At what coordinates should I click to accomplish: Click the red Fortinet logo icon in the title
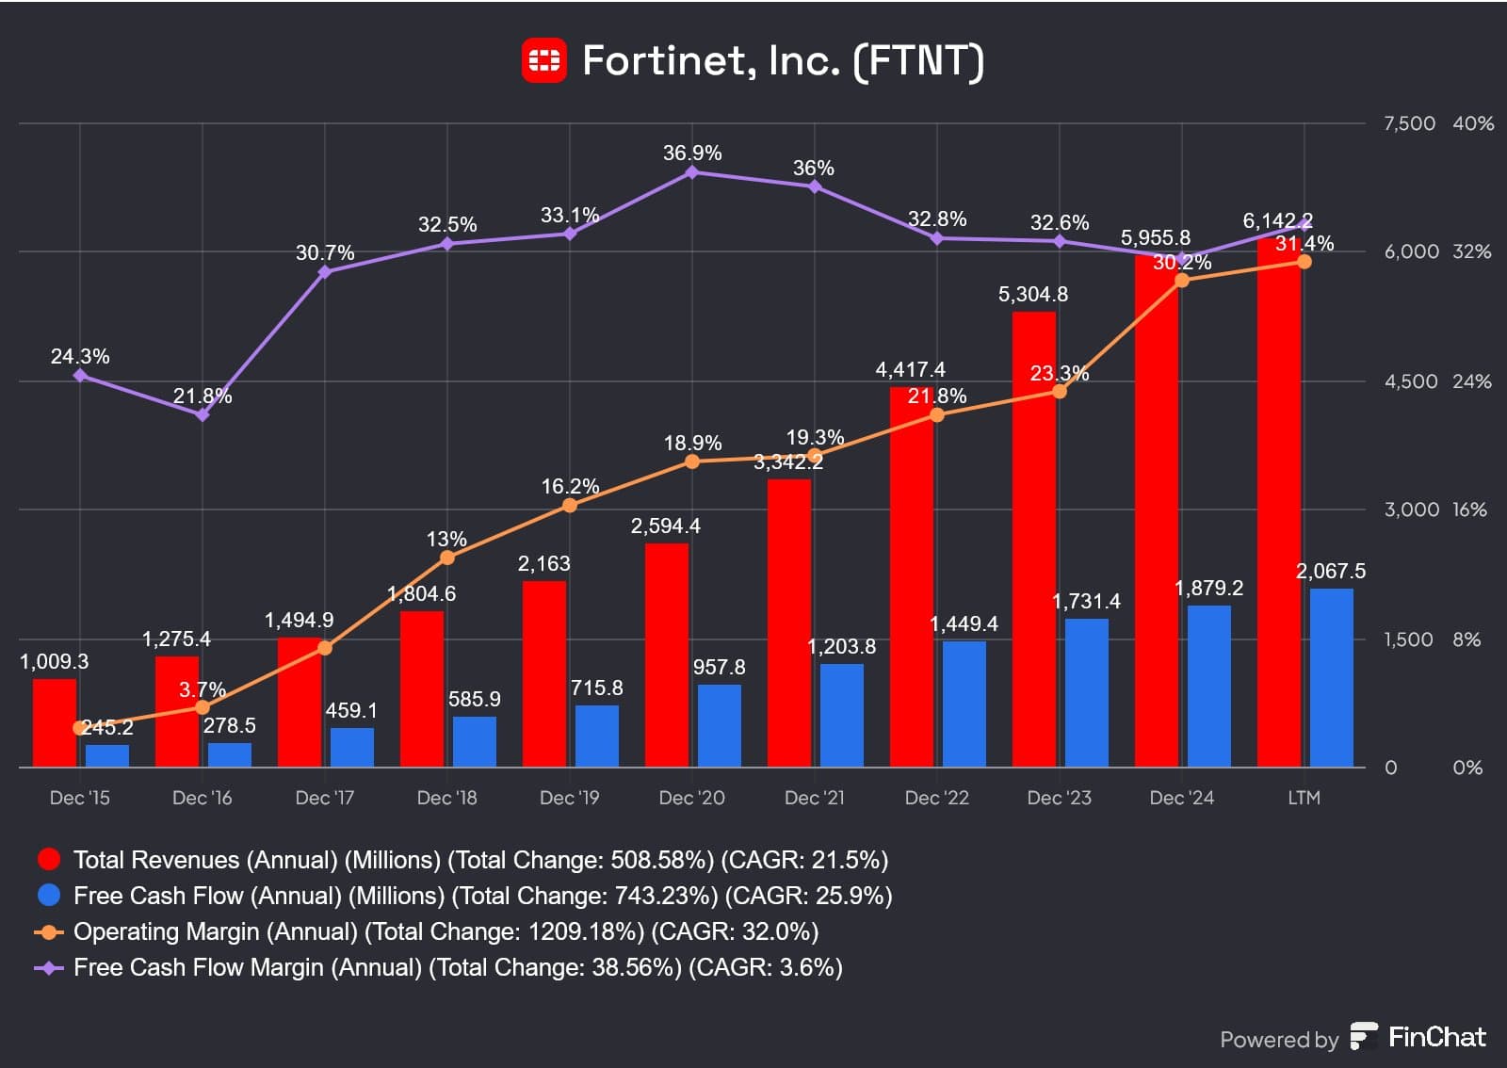pyautogui.click(x=544, y=60)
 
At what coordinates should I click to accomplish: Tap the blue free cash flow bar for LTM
pyautogui.click(x=1331, y=677)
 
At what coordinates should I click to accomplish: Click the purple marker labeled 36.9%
pyautogui.click(x=692, y=172)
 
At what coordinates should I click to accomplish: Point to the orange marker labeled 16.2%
pyautogui.click(x=570, y=506)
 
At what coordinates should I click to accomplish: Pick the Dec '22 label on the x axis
pyautogui.click(x=936, y=798)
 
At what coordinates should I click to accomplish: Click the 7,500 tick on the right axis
pyautogui.click(x=1409, y=123)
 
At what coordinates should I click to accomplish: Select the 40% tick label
pyautogui.click(x=1473, y=123)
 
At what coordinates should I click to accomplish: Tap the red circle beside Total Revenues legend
pyautogui.click(x=49, y=859)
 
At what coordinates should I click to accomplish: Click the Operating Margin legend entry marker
pyautogui.click(x=49, y=931)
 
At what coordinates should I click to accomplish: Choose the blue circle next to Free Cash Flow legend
pyautogui.click(x=49, y=895)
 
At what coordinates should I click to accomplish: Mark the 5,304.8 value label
pyautogui.click(x=1033, y=294)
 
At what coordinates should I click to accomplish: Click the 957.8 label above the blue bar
pyautogui.click(x=719, y=667)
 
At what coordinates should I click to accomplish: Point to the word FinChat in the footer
pyautogui.click(x=1436, y=1037)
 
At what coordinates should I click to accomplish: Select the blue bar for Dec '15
pyautogui.click(x=107, y=755)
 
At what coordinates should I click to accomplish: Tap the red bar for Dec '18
pyautogui.click(x=422, y=688)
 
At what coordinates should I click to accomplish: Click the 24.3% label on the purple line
pyautogui.click(x=80, y=356)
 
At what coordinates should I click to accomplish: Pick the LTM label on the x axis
pyautogui.click(x=1304, y=798)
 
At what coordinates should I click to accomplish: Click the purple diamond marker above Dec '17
pyautogui.click(x=325, y=272)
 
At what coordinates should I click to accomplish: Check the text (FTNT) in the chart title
pyautogui.click(x=918, y=60)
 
